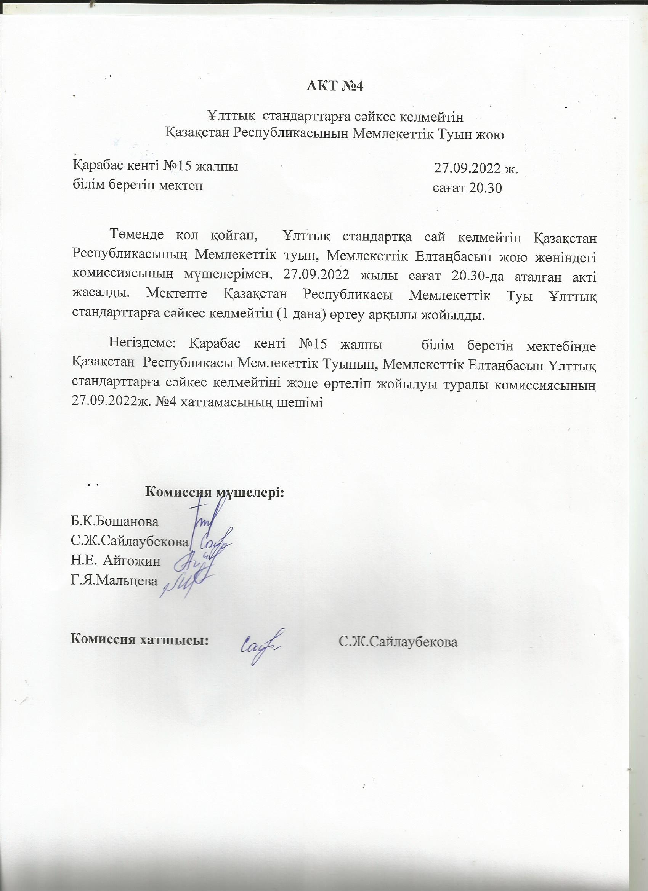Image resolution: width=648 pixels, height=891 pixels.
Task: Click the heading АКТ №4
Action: click(x=335, y=86)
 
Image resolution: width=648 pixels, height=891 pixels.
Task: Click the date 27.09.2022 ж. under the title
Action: click(x=476, y=168)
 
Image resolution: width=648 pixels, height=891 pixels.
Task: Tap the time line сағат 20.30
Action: click(x=467, y=189)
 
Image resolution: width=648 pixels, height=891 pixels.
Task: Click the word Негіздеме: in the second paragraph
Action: click(x=143, y=345)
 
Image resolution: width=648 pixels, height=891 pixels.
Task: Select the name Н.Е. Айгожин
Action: click(x=115, y=561)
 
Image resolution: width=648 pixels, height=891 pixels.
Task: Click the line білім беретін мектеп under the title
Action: click(x=138, y=185)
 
